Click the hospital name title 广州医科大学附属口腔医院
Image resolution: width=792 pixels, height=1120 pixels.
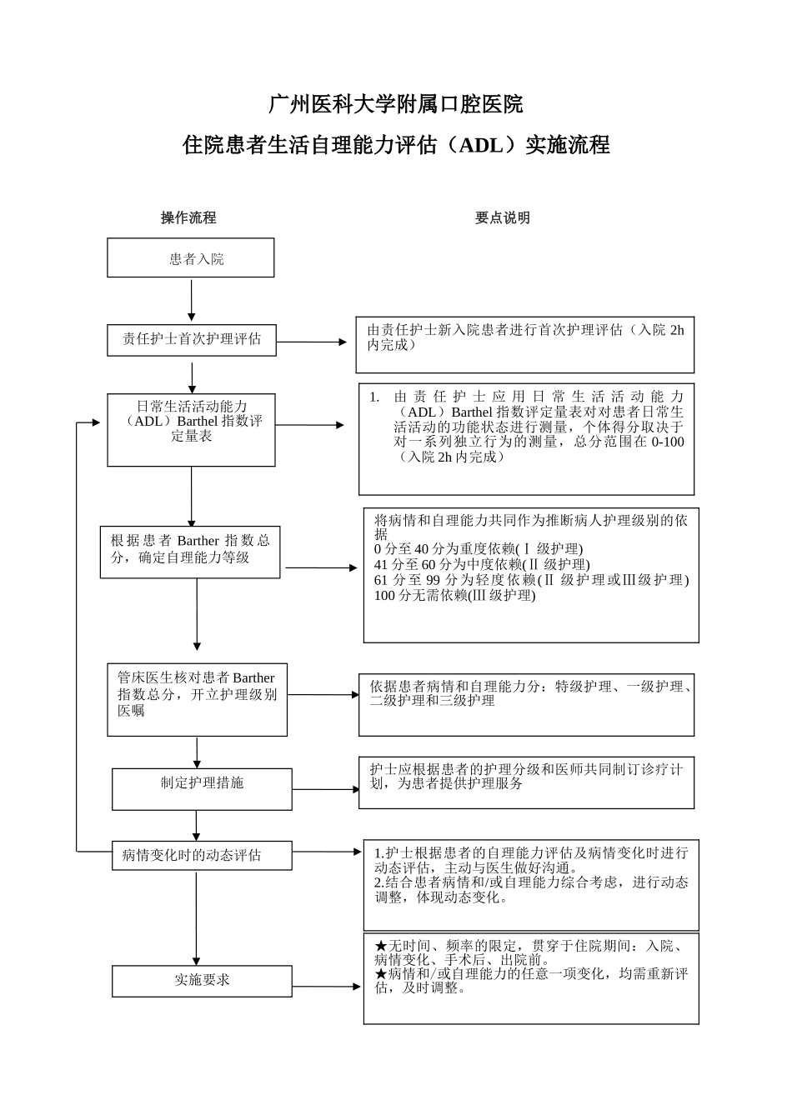(x=396, y=104)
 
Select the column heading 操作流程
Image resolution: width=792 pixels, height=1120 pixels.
(x=188, y=217)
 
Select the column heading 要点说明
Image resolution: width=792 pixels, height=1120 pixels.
(x=503, y=217)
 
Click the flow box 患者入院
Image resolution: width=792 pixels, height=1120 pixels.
(x=191, y=258)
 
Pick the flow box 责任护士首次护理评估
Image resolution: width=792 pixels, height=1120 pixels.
(x=192, y=339)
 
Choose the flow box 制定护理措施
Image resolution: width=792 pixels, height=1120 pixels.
(x=202, y=783)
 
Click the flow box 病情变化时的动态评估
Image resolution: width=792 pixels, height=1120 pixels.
(x=193, y=855)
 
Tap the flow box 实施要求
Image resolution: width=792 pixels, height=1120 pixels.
(x=202, y=980)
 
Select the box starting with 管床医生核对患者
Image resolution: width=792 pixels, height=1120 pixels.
(x=197, y=695)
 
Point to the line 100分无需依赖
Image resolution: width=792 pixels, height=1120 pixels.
(x=455, y=595)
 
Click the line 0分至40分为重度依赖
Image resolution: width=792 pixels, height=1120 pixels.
(x=479, y=549)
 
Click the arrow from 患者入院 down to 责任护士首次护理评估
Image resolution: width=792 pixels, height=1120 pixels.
(x=192, y=300)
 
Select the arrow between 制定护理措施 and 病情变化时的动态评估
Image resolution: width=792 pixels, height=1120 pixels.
(x=198, y=825)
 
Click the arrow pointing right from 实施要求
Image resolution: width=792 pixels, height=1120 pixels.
(x=327, y=987)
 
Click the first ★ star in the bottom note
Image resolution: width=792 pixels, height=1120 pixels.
(x=380, y=947)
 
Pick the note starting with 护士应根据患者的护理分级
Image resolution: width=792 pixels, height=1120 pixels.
(x=525, y=777)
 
